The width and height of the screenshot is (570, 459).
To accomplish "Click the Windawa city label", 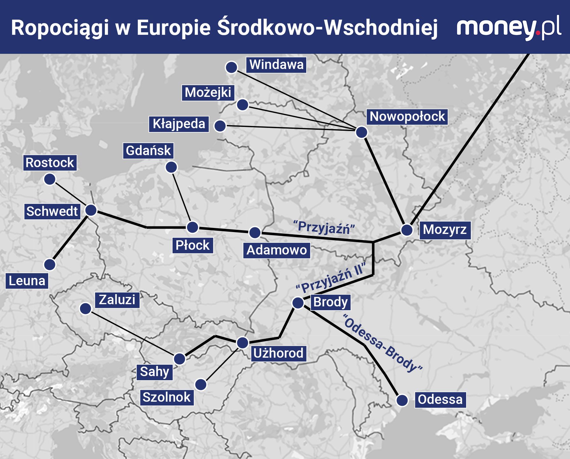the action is point(276,65).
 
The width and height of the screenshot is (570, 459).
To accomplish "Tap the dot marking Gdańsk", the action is point(172,167).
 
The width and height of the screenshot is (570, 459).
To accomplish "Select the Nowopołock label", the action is point(407,117).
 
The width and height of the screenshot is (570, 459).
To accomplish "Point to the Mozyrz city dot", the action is point(407,230).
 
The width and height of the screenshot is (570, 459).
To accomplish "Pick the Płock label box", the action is point(193,245).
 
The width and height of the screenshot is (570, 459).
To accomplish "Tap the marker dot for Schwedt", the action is point(91,210).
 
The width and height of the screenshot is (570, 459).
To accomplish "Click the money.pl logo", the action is point(508,28).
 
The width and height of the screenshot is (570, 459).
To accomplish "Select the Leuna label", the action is point(27,281).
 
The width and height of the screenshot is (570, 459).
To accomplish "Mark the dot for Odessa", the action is point(402,400).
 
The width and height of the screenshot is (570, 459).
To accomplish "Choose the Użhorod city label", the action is point(278,353).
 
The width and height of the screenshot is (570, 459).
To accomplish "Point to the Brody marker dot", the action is point(298,302).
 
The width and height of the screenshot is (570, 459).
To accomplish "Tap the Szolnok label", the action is point(166,397).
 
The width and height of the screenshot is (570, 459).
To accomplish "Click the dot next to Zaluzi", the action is point(85,308).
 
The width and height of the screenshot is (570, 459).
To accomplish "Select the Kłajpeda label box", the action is point(179,124).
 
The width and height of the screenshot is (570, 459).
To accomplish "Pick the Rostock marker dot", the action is point(50,179).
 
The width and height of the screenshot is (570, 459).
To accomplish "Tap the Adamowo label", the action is point(276,250).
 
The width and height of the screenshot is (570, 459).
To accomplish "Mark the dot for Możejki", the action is point(243,105).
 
